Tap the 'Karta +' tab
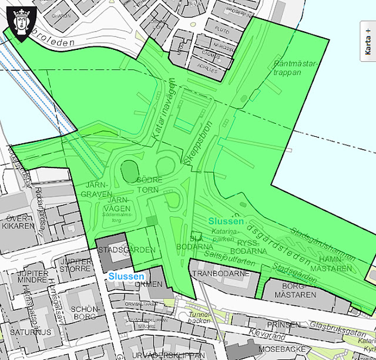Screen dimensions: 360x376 coord(368,46)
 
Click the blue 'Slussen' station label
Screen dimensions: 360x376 coord(125,276)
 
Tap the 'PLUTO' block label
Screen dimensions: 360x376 coord(221,29)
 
